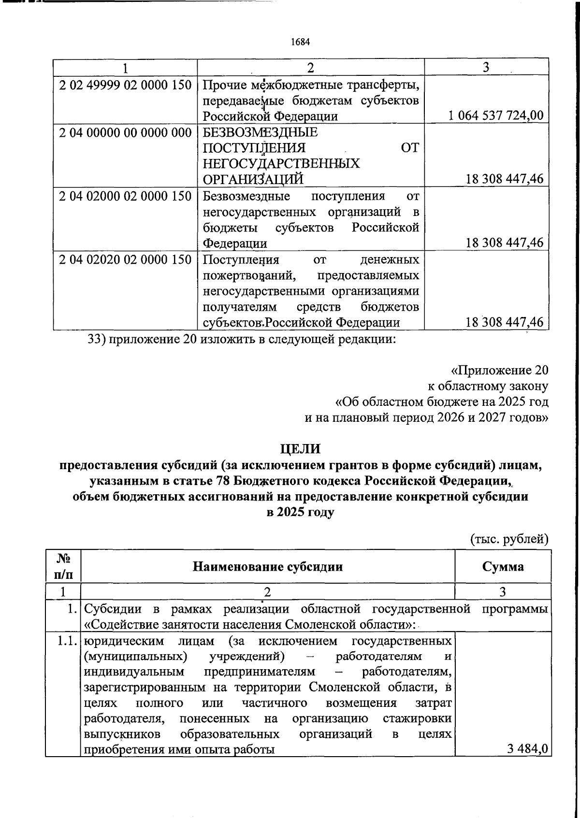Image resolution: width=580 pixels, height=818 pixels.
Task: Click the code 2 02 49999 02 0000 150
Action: (x=125, y=85)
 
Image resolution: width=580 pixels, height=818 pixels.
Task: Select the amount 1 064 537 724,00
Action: (x=496, y=115)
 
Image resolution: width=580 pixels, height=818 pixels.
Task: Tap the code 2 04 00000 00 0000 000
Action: (x=125, y=132)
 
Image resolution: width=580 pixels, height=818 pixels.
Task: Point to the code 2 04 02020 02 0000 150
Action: (x=125, y=259)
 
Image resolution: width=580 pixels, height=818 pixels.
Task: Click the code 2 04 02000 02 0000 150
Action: (x=125, y=196)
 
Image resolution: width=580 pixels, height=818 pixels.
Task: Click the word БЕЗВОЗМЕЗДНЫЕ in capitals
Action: (x=260, y=132)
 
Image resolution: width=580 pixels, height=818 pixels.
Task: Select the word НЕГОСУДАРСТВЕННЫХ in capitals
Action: (x=281, y=163)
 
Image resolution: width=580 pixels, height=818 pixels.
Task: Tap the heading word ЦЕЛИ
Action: (x=300, y=448)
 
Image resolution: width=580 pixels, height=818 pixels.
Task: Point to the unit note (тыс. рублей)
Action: (x=509, y=539)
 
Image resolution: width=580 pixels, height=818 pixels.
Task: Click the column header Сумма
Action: (x=503, y=566)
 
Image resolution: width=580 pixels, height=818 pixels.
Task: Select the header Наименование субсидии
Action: (x=268, y=566)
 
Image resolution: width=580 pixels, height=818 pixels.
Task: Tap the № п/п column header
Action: (x=63, y=566)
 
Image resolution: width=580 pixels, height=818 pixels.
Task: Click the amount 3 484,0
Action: (x=527, y=749)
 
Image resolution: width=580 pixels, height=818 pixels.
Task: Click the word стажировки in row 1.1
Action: (x=417, y=718)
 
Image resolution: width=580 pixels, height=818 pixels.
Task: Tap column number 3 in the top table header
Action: (x=486, y=67)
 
